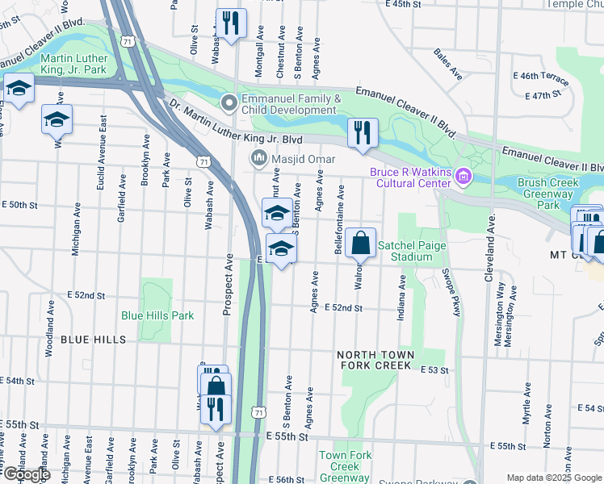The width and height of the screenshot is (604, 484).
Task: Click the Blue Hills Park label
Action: coord(157,315)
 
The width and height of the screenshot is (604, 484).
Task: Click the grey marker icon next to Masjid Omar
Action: coord(258,157)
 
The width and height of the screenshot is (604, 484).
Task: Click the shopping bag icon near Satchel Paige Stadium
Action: coord(361,244)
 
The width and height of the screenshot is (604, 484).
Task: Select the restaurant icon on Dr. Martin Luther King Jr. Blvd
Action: coord(363,133)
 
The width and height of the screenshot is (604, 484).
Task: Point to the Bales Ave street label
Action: coord(447,65)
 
